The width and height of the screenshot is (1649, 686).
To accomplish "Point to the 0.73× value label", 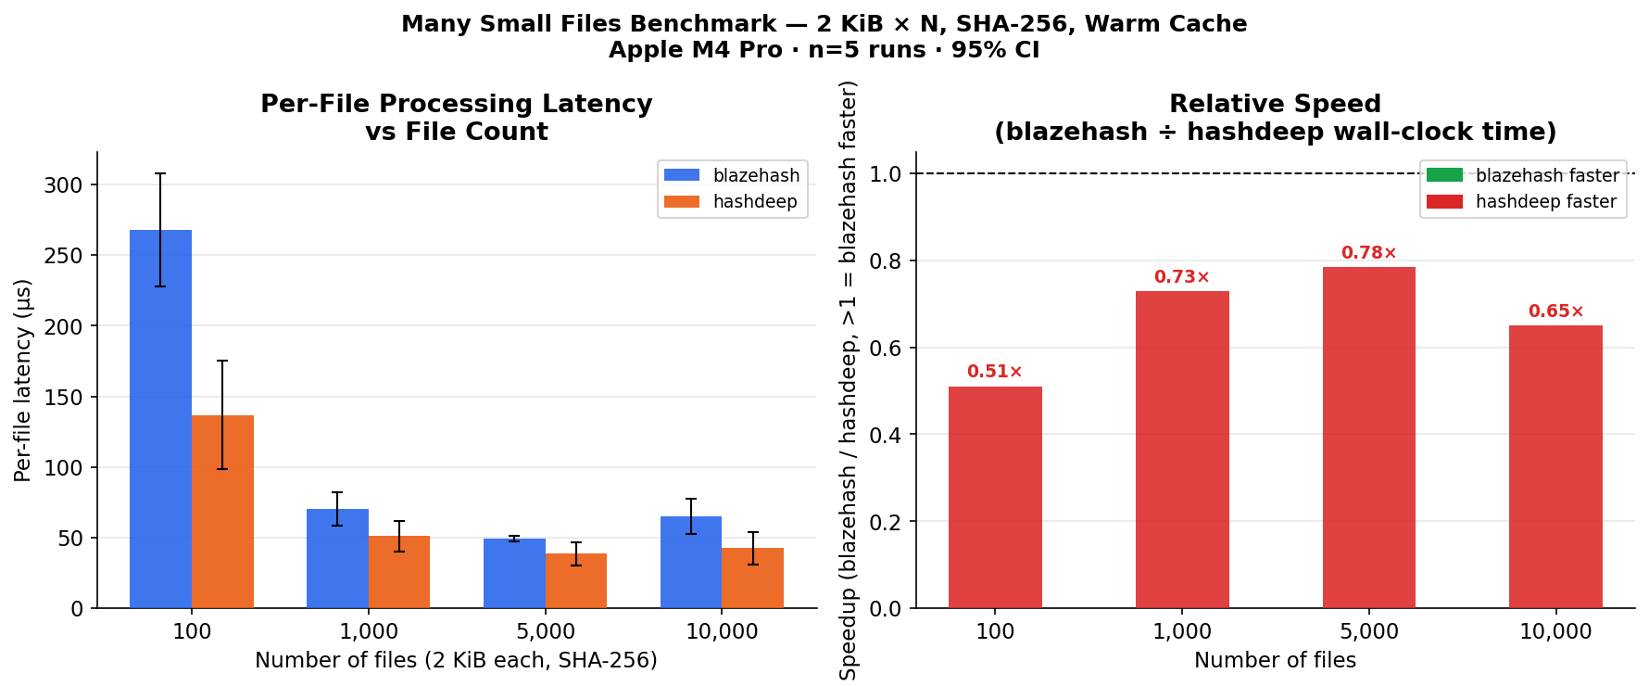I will click(1181, 277).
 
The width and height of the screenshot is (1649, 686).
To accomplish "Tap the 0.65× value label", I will click(1555, 311).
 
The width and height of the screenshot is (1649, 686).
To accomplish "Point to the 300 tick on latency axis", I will click(63, 185).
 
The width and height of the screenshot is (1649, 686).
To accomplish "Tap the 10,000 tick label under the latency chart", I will click(722, 632).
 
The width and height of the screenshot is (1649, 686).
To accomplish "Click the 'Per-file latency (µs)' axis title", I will click(23, 380).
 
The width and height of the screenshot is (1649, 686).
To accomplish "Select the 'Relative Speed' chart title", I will click(1275, 104).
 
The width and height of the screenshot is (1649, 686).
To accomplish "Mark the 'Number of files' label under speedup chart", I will click(1275, 660).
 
